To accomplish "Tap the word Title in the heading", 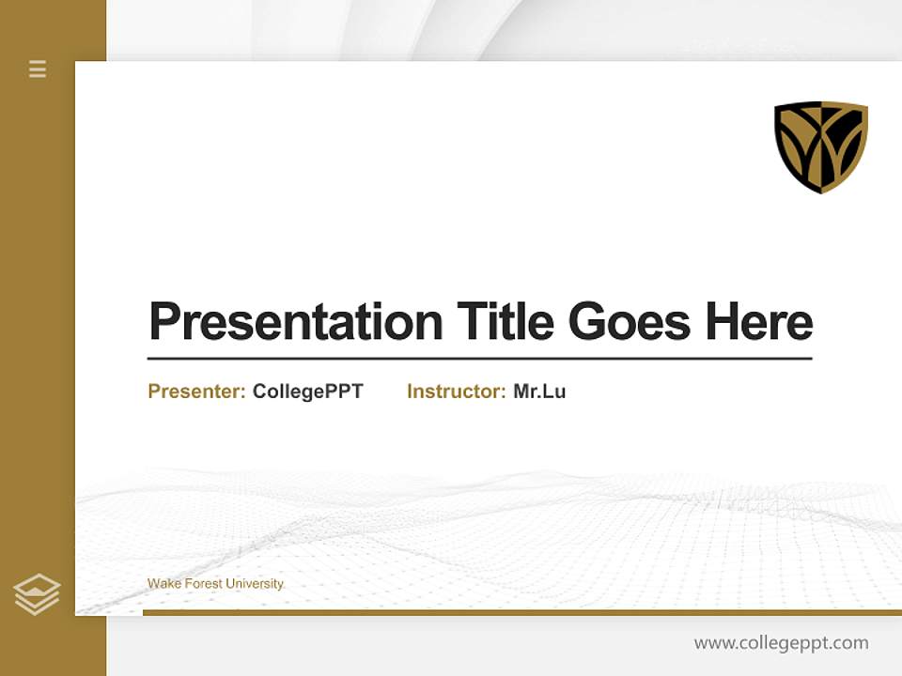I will (505, 322).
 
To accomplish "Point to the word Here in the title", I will (758, 322).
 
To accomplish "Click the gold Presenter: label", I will (197, 392).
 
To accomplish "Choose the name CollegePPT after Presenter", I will (307, 392).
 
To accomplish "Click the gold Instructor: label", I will (457, 392).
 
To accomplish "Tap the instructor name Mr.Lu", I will (539, 392).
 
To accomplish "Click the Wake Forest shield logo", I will (820, 146).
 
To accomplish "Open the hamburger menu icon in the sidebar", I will (38, 69).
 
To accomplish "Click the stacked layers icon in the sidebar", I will (37, 594).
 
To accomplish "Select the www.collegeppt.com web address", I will (781, 643).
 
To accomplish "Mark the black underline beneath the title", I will (479, 359).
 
